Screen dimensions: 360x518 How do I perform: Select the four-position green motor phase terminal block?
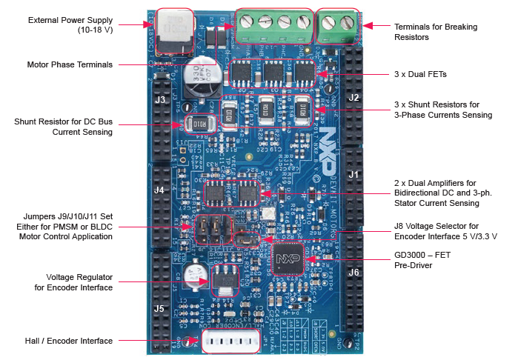tap(273, 27)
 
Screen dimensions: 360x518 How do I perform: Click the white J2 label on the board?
tap(353, 98)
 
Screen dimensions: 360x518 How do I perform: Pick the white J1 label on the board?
tap(354, 175)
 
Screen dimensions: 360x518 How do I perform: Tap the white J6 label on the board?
tap(354, 273)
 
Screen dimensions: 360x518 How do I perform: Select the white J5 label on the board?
tap(159, 309)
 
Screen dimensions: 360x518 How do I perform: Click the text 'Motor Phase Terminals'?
tap(70, 64)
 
